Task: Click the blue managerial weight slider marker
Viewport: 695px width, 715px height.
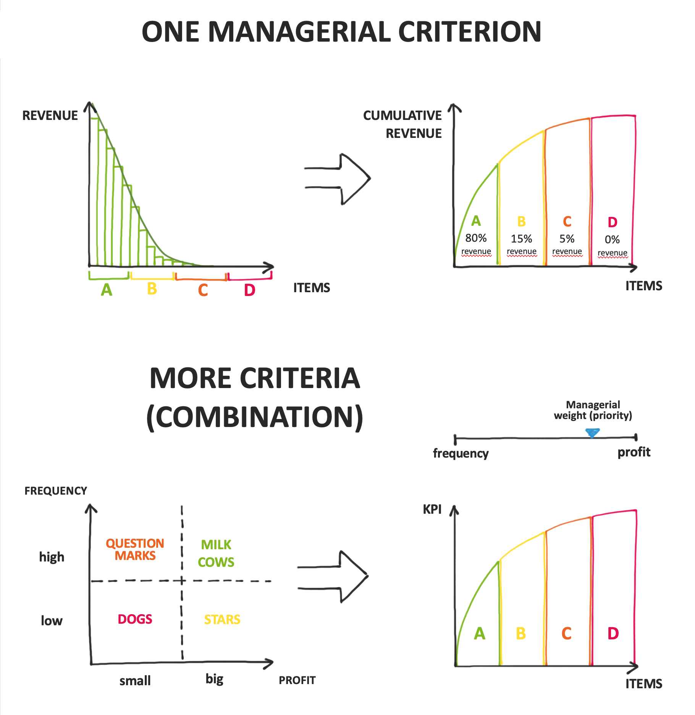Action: (x=592, y=433)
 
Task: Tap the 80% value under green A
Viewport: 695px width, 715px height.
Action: (x=476, y=238)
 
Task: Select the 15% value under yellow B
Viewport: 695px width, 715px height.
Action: (x=521, y=239)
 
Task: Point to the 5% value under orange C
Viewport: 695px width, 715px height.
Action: (x=567, y=239)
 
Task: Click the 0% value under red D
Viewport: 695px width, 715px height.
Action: (x=612, y=240)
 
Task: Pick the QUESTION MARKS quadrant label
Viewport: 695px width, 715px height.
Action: (x=135, y=549)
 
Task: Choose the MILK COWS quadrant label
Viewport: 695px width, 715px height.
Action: (x=216, y=553)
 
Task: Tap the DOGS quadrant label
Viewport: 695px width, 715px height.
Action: (x=135, y=619)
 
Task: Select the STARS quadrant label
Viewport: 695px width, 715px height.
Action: (x=222, y=620)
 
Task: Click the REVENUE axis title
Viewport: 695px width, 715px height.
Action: (x=50, y=115)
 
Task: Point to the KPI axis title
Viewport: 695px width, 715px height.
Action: (x=432, y=510)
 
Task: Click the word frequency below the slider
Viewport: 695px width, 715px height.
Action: (x=461, y=453)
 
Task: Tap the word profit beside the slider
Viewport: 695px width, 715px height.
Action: (x=634, y=452)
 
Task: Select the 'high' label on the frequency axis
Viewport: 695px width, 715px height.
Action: (x=52, y=557)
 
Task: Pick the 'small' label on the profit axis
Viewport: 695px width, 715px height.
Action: (x=135, y=681)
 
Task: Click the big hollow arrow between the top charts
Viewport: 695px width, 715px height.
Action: (x=344, y=178)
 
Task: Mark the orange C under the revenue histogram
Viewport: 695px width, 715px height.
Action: (x=203, y=290)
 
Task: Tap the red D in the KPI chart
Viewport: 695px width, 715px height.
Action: (x=613, y=634)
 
